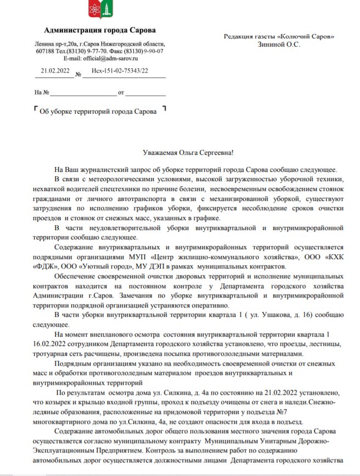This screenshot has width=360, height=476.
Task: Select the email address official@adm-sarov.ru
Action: [109, 58]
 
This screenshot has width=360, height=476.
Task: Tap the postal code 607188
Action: [46, 51]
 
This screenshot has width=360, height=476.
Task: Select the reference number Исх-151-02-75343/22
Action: [120, 71]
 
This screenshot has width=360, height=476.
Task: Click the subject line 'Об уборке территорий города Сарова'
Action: [98, 111]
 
